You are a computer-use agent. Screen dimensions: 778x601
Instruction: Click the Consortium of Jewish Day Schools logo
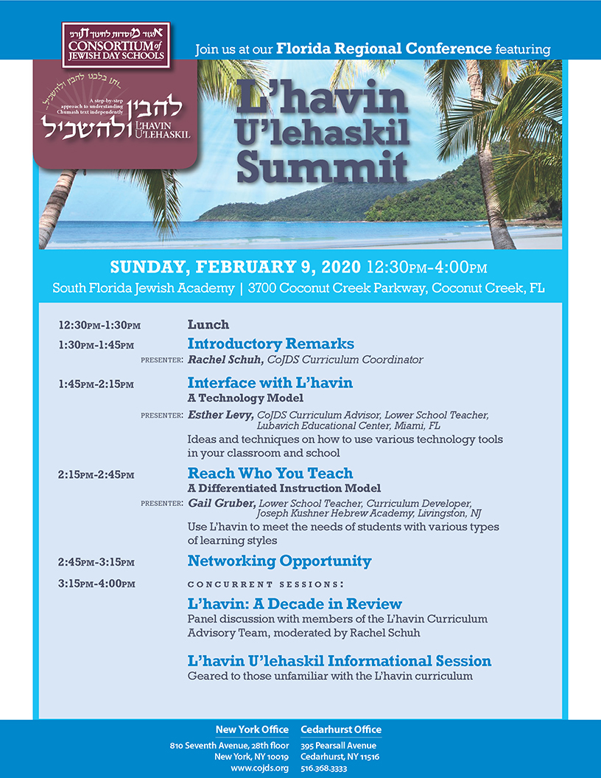click(x=116, y=45)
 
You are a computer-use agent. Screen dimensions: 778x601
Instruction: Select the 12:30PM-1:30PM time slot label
click(x=99, y=325)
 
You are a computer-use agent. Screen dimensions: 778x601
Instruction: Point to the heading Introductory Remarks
click(x=270, y=344)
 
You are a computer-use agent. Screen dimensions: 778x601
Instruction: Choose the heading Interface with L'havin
click(x=270, y=382)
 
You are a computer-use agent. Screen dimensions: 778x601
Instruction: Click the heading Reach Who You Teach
click(x=270, y=473)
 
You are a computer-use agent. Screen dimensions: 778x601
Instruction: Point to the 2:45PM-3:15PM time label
click(x=96, y=562)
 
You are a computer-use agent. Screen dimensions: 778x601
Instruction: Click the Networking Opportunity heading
click(x=279, y=561)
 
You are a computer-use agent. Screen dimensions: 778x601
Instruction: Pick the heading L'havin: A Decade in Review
click(x=295, y=604)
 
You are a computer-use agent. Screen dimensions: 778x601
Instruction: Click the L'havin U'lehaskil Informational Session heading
click(x=339, y=661)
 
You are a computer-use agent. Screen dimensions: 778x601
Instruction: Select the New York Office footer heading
click(x=252, y=729)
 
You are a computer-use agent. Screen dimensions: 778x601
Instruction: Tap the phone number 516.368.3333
click(x=324, y=768)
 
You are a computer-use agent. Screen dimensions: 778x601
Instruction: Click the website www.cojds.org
click(x=259, y=768)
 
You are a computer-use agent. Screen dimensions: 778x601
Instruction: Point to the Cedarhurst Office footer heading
click(x=341, y=729)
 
